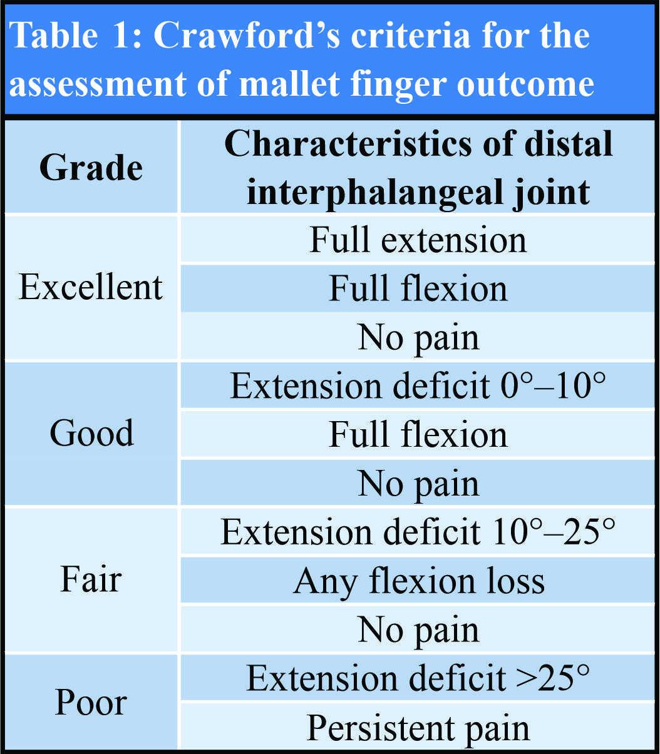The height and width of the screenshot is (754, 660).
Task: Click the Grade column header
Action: pyautogui.click(x=91, y=168)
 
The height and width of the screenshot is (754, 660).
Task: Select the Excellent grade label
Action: pyautogui.click(x=91, y=287)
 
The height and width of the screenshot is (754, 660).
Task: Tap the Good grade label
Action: pyautogui.click(x=91, y=433)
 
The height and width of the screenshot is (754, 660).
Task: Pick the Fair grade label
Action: pyautogui.click(x=91, y=579)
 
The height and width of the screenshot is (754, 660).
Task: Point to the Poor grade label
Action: pyautogui.click(x=91, y=703)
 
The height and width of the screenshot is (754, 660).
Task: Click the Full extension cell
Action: pyautogui.click(x=418, y=239)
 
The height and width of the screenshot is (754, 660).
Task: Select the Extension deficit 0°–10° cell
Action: pyautogui.click(x=418, y=385)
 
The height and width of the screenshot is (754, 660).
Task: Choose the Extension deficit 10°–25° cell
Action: pyautogui.click(x=418, y=531)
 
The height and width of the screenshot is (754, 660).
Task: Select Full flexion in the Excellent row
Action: pyautogui.click(x=418, y=288)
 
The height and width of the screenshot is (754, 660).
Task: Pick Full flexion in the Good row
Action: pyautogui.click(x=418, y=434)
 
